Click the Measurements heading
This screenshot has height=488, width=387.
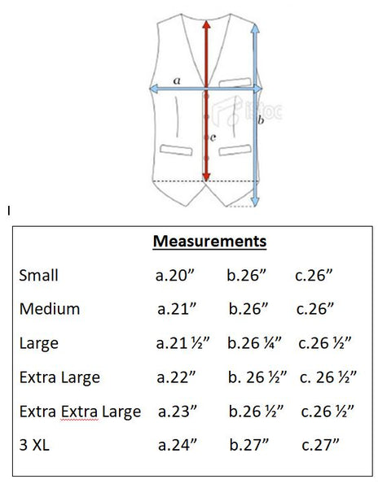pyautogui.click(x=209, y=242)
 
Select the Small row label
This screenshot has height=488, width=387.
pyautogui.click(x=38, y=276)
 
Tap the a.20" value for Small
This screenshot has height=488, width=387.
pyautogui.click(x=175, y=276)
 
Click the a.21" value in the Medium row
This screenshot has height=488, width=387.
pyautogui.click(x=177, y=309)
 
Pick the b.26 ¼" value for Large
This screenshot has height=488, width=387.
pyautogui.click(x=254, y=343)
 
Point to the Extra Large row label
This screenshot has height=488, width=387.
pyautogui.click(x=59, y=377)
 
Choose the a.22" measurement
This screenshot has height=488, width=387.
pyautogui.click(x=176, y=377)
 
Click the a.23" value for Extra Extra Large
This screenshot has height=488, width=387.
pyautogui.click(x=178, y=411)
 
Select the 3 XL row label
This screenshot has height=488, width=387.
pyautogui.click(x=34, y=445)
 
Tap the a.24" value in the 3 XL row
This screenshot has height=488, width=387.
pyautogui.click(x=178, y=445)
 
